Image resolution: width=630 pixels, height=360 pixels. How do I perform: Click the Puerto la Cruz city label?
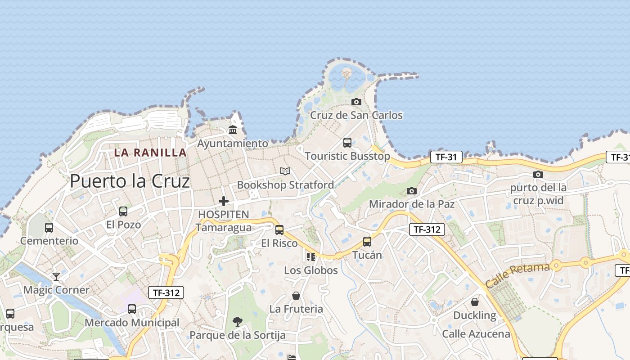point(130,181)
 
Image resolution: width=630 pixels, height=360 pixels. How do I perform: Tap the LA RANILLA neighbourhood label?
point(150,153)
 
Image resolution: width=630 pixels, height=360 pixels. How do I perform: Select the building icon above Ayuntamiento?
point(233,130)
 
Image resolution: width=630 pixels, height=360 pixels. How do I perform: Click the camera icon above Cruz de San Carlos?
point(356,102)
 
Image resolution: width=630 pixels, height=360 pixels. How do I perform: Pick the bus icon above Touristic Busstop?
point(347,143)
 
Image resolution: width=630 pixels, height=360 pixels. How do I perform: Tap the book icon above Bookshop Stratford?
point(285,171)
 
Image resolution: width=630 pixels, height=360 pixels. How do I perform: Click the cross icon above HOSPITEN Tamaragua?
point(224,201)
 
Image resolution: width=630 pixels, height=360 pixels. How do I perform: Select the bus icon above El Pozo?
point(123,211)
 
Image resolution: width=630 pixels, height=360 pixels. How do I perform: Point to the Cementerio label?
point(49,241)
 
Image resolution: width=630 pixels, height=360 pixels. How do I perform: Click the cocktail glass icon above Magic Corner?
point(56,276)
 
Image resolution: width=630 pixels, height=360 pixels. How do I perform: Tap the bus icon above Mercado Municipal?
point(132,309)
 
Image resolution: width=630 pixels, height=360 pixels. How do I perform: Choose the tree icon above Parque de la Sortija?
point(238,321)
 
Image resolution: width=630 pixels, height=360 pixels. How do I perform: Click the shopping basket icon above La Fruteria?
point(296,296)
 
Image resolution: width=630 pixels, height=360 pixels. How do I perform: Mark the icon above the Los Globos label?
point(311,257)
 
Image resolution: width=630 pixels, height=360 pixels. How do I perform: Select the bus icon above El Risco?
point(279,230)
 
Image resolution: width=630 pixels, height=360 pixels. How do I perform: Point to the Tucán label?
point(367,255)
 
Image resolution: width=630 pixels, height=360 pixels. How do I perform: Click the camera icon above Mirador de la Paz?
point(412,191)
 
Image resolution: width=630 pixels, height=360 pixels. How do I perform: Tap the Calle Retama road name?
point(517,275)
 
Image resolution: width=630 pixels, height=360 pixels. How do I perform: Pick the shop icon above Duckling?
point(475,302)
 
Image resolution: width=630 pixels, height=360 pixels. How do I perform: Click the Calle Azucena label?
point(476,334)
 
